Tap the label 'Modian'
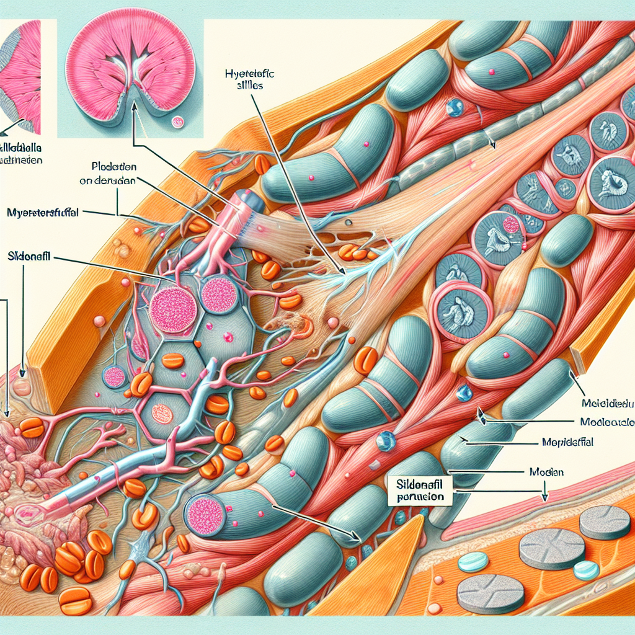tap(547, 472)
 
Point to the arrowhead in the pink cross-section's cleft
tap(133, 84)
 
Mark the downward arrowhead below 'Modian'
tap(544, 498)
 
